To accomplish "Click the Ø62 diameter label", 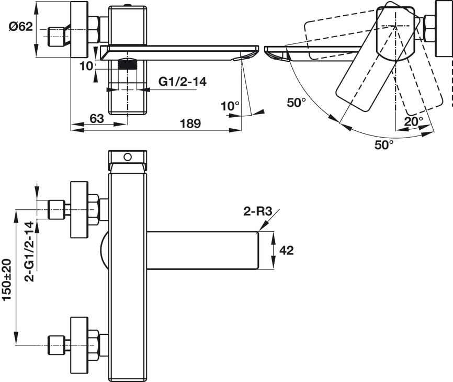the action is coord(20,26).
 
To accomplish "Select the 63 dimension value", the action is coord(96,118).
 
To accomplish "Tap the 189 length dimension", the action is coord(190,123).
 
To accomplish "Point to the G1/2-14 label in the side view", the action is coord(182,82).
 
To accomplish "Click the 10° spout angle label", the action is coord(230,106).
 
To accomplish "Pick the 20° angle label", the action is coord(413,121).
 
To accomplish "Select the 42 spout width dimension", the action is coord(286,250).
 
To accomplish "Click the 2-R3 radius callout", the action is coord(258,211).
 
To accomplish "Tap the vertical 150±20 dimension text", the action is coord(7,280).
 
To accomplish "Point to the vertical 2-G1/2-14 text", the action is coord(29,251).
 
